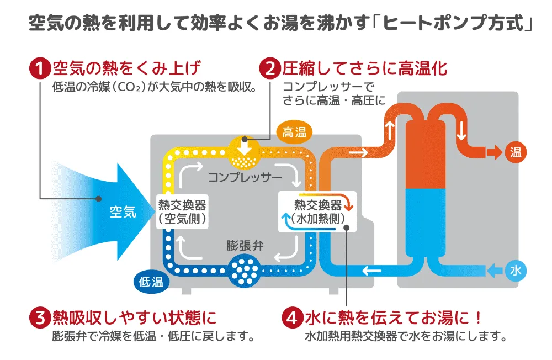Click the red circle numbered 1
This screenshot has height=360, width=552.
[x=39, y=69]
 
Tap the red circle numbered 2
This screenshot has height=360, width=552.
[x=270, y=69]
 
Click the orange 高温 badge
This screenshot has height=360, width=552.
[x=294, y=132]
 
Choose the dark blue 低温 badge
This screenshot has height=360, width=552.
[x=151, y=282]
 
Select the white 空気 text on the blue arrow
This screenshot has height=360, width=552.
[x=123, y=211]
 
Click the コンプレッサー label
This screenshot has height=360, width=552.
[x=245, y=178]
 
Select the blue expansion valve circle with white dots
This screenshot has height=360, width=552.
[x=243, y=269]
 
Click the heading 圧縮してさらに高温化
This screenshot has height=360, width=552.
[x=364, y=69]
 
